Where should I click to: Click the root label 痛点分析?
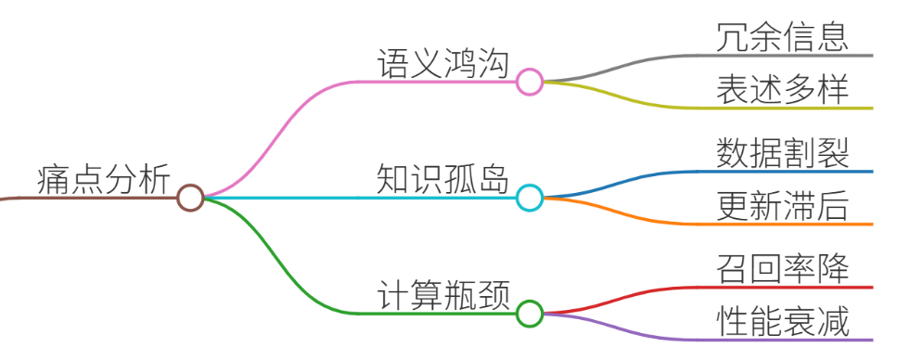[104, 180]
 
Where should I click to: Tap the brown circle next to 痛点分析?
[190, 198]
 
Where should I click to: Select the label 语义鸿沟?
[442, 64]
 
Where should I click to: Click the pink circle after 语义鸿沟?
[530, 82]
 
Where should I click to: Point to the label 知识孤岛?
[442, 180]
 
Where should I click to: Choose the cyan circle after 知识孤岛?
[530, 198]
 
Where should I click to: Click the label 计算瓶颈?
[442, 296]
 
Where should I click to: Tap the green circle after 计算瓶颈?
[530, 314]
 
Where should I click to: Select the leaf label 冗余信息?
[783, 38]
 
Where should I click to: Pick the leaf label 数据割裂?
[783, 154]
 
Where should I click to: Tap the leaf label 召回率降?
[783, 270]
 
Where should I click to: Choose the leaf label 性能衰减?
[783, 322]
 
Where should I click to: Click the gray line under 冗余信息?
[706, 56]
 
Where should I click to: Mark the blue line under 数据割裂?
[706, 172]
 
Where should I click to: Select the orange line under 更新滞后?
[706, 224]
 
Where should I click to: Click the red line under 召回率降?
[706, 288]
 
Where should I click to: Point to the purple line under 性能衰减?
[706, 340]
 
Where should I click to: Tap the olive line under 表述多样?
[706, 108]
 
